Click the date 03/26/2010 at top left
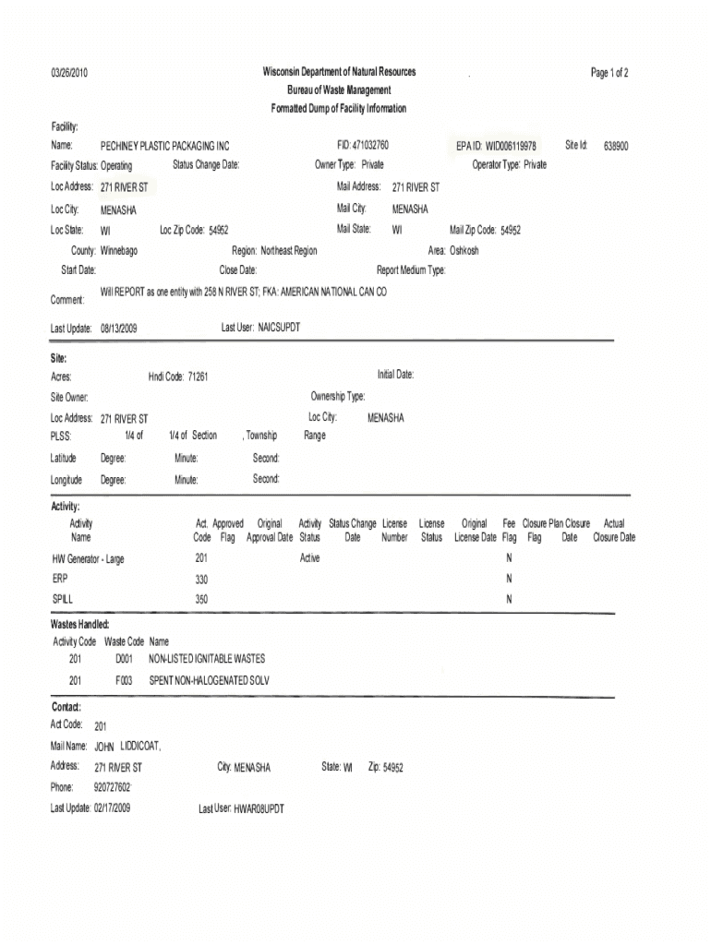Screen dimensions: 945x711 (69, 73)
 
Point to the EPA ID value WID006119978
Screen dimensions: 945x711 (509, 147)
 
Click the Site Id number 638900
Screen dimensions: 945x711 (617, 147)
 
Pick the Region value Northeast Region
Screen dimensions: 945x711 (288, 251)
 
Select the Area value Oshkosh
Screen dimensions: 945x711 (464, 251)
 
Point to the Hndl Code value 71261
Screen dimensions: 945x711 (198, 377)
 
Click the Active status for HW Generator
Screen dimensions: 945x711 (309, 559)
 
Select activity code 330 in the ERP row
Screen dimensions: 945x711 (201, 580)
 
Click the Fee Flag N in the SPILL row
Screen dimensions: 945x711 (509, 600)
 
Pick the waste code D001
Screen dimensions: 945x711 (125, 660)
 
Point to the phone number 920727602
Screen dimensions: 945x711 (112, 788)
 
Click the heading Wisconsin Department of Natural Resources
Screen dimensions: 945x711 (339, 72)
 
